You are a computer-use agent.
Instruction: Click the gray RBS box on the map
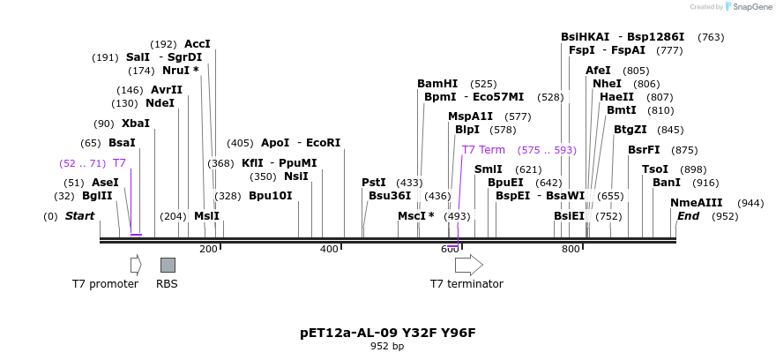[x=168, y=265]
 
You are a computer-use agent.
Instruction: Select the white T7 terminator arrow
[x=468, y=265]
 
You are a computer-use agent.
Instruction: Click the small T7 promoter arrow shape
[x=136, y=265]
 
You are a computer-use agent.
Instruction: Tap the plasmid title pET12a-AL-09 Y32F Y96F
[x=388, y=333]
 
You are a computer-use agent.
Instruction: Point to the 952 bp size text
[x=387, y=347]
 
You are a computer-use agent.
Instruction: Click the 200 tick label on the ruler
[x=208, y=250]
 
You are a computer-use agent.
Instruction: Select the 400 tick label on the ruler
[x=329, y=250]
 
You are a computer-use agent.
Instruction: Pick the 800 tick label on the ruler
[x=570, y=250]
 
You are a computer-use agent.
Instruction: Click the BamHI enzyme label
[x=437, y=84]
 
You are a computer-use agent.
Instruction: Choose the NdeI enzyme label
[x=160, y=103]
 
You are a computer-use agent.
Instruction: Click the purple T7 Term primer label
[x=483, y=150]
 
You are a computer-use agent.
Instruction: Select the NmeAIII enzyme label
[x=696, y=203]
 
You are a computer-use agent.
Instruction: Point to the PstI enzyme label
[x=374, y=183]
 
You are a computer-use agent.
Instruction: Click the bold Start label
[x=79, y=216]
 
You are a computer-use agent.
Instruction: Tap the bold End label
[x=688, y=216]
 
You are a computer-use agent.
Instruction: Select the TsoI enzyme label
[x=654, y=169]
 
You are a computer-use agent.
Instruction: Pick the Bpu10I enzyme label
[x=270, y=196]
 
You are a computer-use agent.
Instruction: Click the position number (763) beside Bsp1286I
[x=711, y=37]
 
